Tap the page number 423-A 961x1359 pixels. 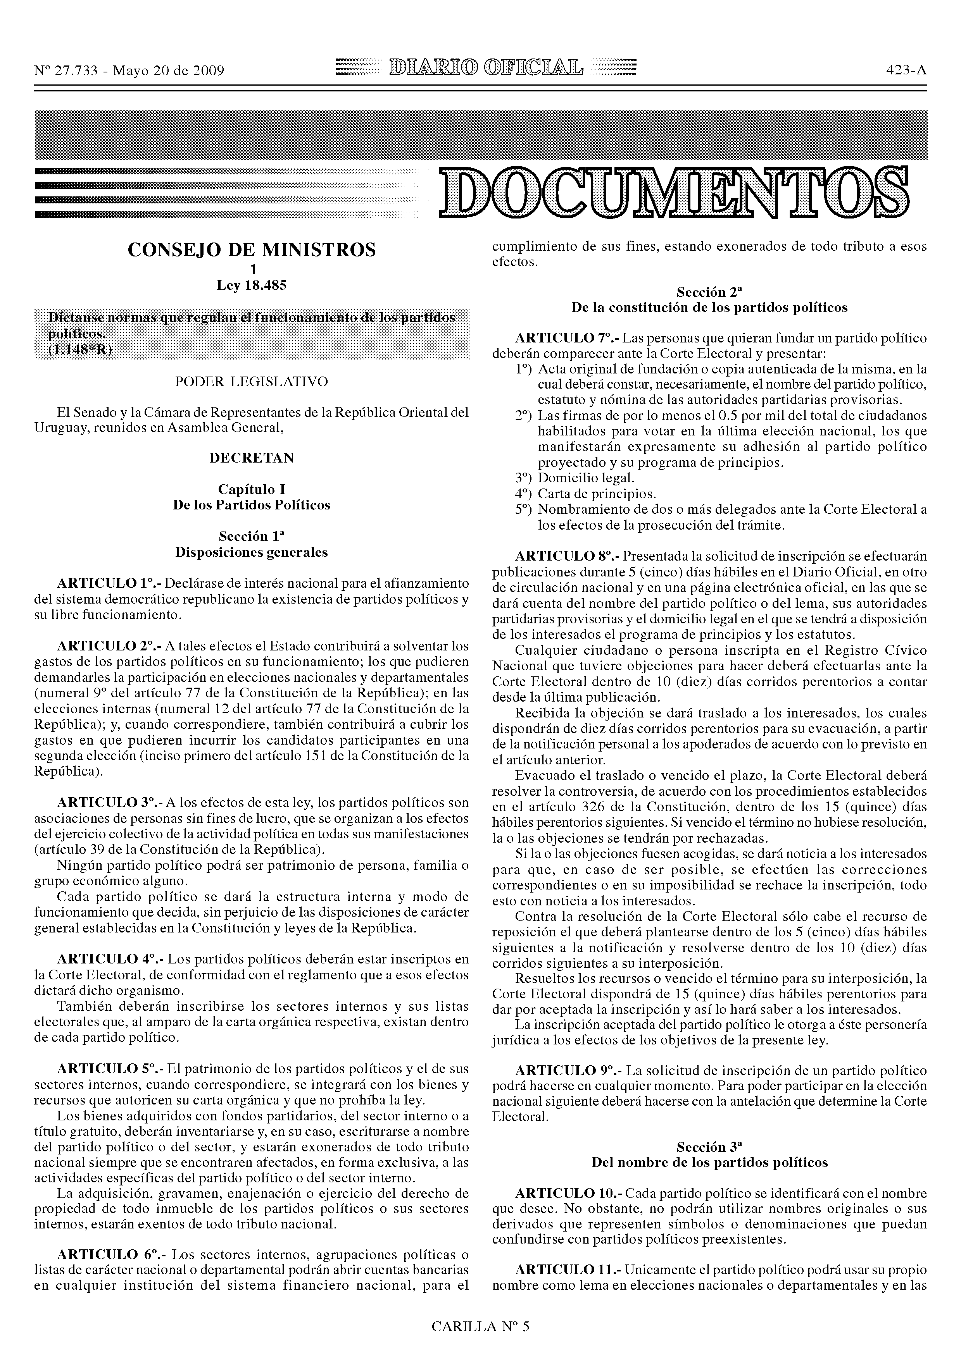click(x=906, y=71)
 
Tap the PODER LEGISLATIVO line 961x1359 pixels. click(x=252, y=382)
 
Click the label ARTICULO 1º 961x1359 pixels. click(x=109, y=583)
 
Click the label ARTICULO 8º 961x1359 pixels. click(x=567, y=556)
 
